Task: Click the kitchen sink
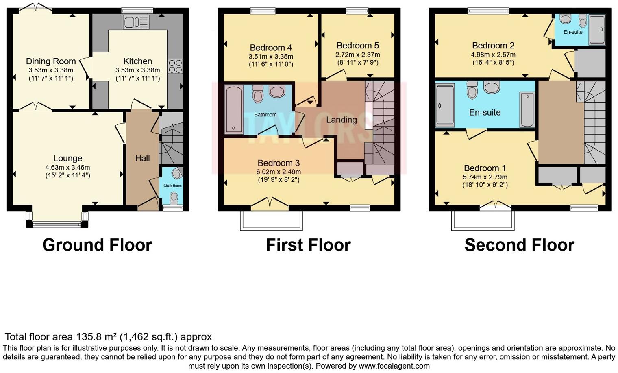[137, 22]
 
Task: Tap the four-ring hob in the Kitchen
[175, 66]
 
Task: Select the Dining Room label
[51, 61]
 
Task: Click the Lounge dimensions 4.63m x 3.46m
[67, 167]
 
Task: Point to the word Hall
[142, 159]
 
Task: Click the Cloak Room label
[172, 186]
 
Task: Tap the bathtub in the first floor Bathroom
[234, 109]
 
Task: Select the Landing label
[341, 120]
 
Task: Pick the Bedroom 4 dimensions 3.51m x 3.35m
[271, 57]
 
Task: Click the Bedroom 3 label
[279, 163]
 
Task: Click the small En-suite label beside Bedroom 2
[573, 32]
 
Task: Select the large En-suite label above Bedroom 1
[485, 112]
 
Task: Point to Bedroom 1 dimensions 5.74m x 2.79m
[485, 177]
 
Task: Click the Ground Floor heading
[97, 245]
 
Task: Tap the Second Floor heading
[519, 245]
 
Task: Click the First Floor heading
[308, 245]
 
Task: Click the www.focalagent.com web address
[394, 366]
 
